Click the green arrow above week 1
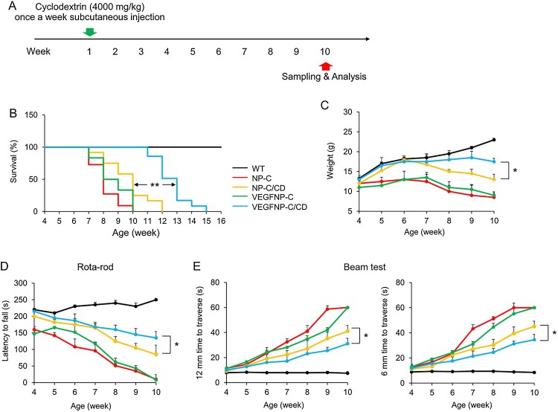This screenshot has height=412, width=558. click(89, 31)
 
